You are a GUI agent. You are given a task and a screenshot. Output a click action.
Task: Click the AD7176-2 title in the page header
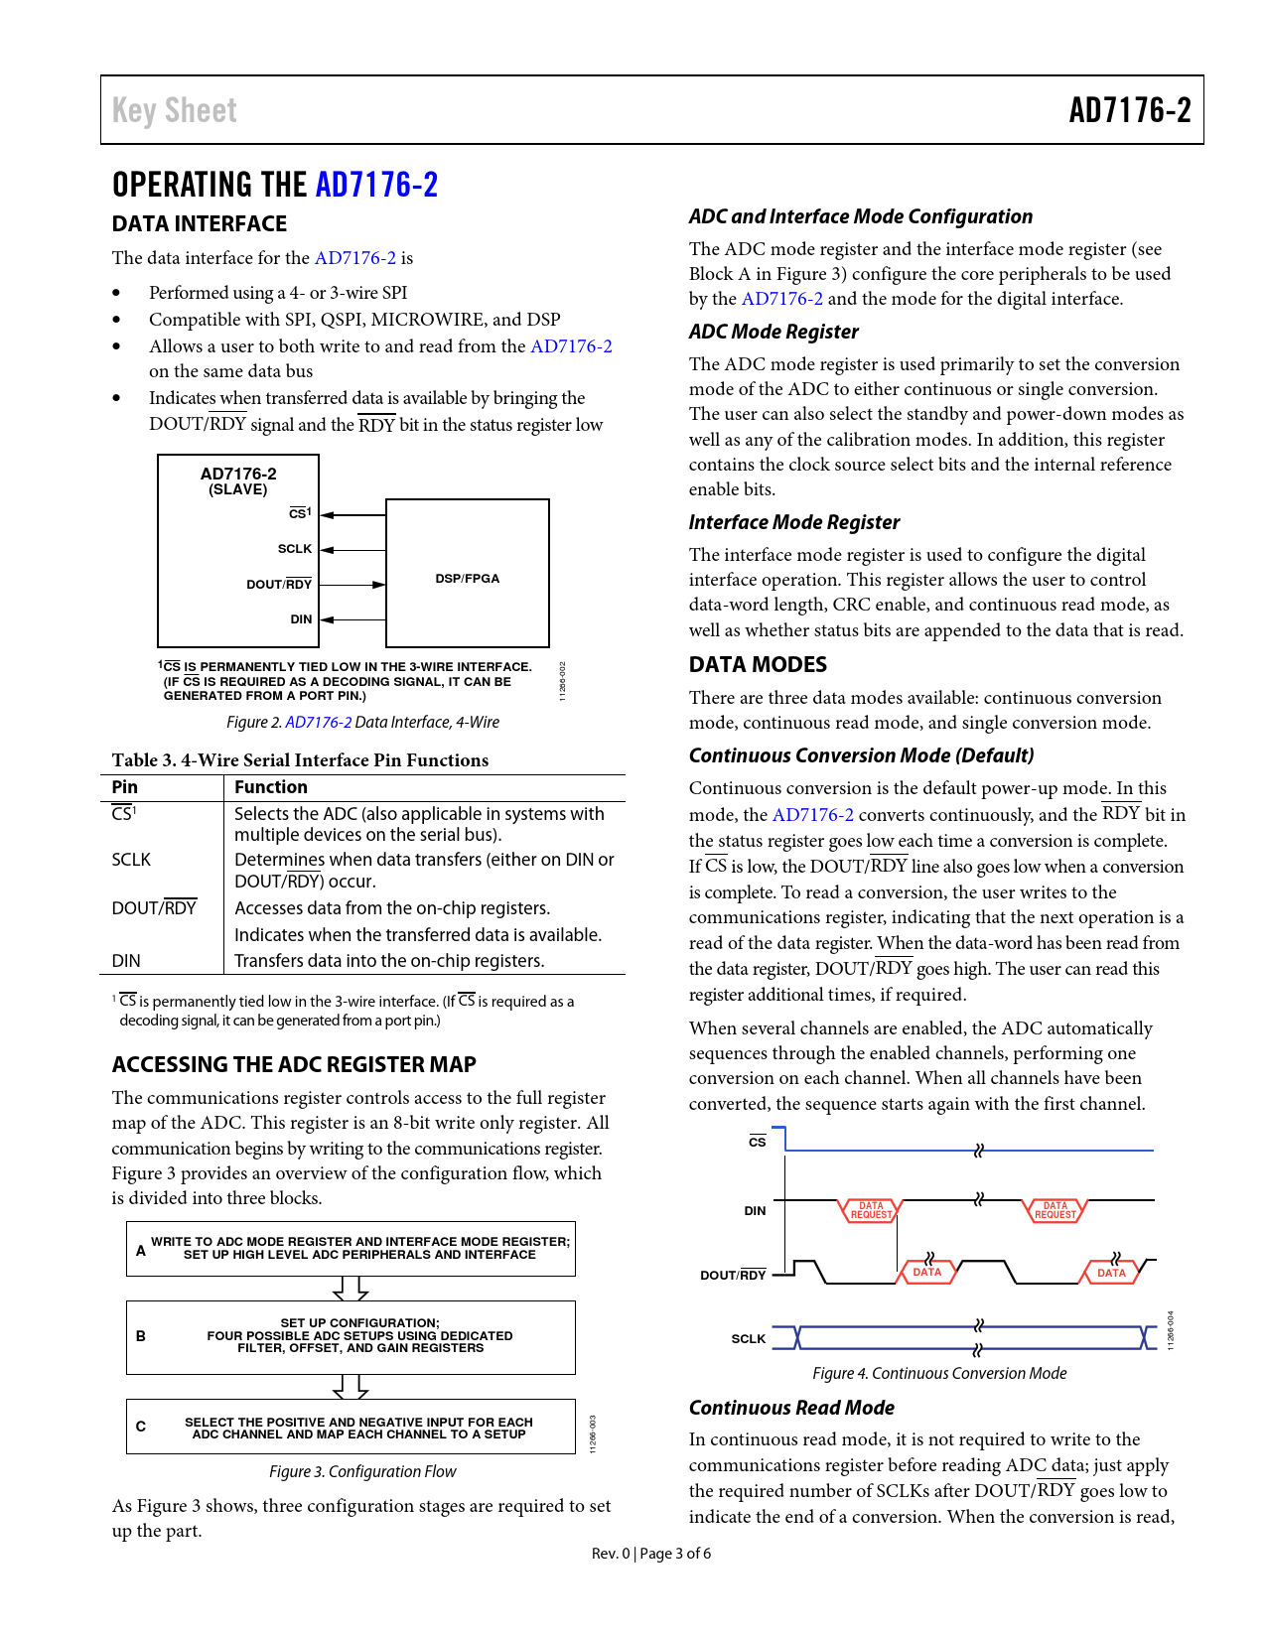coord(1129,110)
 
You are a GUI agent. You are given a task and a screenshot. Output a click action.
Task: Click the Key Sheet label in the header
coord(175,110)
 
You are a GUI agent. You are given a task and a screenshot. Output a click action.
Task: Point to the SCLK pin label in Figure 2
coord(295,549)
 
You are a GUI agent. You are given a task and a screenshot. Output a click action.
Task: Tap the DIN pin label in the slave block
coord(301,619)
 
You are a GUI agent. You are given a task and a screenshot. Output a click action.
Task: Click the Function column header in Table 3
coord(271,787)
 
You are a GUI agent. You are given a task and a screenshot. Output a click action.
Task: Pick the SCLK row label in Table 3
coord(131,860)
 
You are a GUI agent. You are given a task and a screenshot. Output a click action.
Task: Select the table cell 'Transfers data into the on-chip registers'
coord(389,961)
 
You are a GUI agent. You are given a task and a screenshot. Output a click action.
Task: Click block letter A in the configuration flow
coord(141,1251)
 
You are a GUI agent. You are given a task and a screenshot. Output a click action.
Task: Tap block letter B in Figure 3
coord(141,1336)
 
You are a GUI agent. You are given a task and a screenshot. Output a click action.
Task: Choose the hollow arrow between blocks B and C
coord(351,1387)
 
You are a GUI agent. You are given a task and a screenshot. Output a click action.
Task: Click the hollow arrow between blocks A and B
coord(351,1289)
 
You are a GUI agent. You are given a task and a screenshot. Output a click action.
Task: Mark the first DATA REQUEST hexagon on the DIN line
coord(871,1210)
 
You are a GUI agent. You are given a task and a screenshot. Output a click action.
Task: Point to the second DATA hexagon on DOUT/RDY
coord(1111,1273)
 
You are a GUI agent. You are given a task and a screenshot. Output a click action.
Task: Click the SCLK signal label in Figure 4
coord(748,1339)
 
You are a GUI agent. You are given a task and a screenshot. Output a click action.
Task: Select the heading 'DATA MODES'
coord(758,665)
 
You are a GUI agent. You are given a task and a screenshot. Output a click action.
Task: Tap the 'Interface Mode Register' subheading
coord(794,522)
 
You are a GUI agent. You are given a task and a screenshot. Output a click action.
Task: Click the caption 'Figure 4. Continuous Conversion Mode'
coord(939,1373)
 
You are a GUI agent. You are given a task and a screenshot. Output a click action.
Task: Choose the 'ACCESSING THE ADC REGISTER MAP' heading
coord(294,1064)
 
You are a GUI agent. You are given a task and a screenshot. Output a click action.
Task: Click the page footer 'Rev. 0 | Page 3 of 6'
coord(651,1554)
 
